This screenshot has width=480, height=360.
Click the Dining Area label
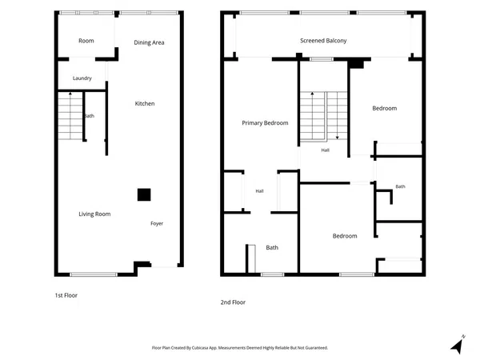click(x=149, y=42)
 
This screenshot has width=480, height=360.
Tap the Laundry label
click(x=82, y=78)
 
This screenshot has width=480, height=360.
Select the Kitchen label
click(x=145, y=103)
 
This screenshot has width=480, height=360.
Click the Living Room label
click(x=94, y=214)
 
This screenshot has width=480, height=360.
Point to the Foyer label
click(x=157, y=223)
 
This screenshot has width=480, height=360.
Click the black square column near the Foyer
click(x=144, y=194)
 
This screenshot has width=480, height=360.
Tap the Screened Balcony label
click(x=323, y=41)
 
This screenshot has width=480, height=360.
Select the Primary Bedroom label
click(x=265, y=123)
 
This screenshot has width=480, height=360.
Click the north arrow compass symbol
click(x=458, y=345)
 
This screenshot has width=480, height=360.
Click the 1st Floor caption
click(x=66, y=295)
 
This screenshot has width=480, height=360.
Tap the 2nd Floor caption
click(x=233, y=302)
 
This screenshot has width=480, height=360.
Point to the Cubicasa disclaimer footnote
click(x=240, y=348)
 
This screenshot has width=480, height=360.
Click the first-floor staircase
click(x=70, y=116)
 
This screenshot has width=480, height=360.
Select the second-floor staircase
click(x=323, y=116)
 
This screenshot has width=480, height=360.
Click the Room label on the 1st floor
click(x=86, y=41)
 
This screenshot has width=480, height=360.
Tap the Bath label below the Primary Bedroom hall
click(x=272, y=248)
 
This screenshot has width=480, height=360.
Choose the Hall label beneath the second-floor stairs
click(x=325, y=150)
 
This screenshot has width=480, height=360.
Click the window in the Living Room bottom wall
click(x=94, y=274)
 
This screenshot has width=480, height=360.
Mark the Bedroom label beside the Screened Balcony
click(x=385, y=108)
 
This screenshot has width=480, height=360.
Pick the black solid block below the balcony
click(x=356, y=63)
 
